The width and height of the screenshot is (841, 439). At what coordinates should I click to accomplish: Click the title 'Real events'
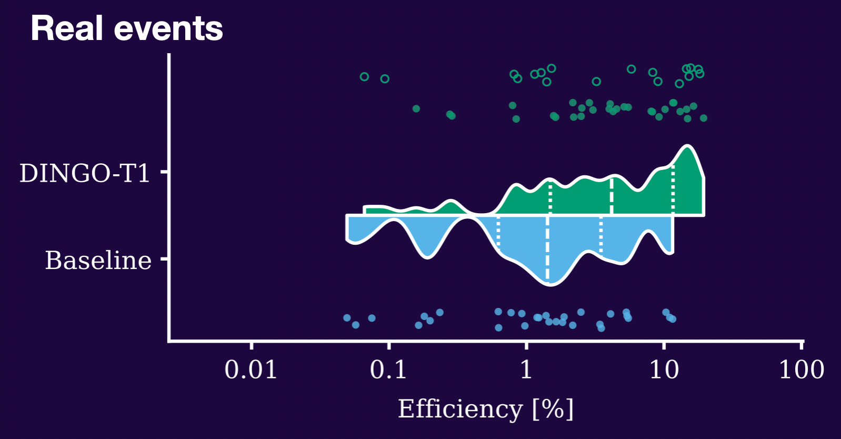tap(127, 28)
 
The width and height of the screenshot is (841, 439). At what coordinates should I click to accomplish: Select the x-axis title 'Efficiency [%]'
tap(486, 409)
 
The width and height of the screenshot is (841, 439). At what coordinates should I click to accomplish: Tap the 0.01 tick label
tap(251, 370)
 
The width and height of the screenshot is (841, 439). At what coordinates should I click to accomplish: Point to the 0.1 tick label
tap(388, 370)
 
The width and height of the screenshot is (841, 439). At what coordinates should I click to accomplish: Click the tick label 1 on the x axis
tap(526, 370)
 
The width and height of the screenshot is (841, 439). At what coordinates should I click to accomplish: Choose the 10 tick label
tap(664, 370)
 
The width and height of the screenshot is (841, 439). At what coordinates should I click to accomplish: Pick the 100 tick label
tap(802, 370)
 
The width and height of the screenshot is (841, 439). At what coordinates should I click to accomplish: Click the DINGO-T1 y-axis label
tap(85, 174)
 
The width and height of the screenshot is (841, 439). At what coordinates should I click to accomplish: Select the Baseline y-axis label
tap(98, 260)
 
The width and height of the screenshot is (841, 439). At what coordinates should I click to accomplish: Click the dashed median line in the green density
tap(612, 196)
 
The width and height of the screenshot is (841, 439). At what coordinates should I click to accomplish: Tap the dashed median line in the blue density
tap(547, 249)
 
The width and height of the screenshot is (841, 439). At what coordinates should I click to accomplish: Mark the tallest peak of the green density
tap(687, 145)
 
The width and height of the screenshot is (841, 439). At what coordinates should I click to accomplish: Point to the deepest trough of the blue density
tap(550, 285)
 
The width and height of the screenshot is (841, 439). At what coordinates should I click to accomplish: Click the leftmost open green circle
tap(364, 77)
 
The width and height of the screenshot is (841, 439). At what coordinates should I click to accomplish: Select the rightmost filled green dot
tap(704, 118)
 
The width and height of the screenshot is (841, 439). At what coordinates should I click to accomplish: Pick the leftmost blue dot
tap(347, 318)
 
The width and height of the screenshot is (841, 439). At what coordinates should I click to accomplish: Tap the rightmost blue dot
tap(673, 319)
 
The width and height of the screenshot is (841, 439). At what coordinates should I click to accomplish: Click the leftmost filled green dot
tap(416, 108)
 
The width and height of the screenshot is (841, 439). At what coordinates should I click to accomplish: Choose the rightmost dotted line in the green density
tap(673, 190)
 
